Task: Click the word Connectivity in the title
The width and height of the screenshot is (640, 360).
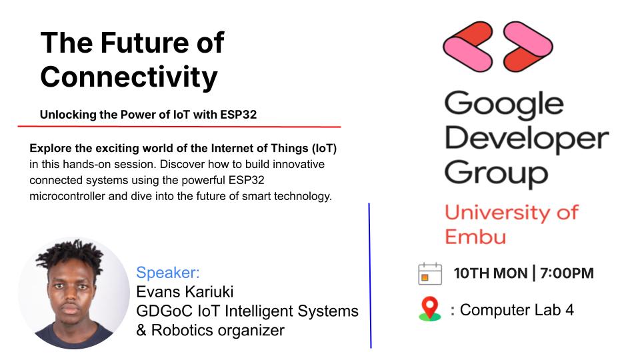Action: click(x=129, y=77)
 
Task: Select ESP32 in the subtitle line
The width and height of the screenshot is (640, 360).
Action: click(x=238, y=115)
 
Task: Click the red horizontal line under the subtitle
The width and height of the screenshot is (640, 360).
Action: click(x=179, y=127)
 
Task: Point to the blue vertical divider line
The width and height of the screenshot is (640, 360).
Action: click(x=370, y=275)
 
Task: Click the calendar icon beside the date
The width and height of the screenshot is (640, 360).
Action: click(x=430, y=273)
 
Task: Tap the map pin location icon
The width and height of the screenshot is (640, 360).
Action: click(x=430, y=309)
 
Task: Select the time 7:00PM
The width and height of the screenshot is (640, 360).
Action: click(x=567, y=273)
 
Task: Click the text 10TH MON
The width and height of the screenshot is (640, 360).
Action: click(x=490, y=273)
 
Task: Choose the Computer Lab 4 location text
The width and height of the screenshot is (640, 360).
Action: click(x=517, y=310)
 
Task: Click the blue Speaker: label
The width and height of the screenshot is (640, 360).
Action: click(x=168, y=273)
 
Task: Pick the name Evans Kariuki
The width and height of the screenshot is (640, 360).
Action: click(x=185, y=292)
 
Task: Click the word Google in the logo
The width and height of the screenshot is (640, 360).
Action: click(x=504, y=105)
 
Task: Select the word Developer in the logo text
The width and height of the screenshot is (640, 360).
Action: click(x=527, y=139)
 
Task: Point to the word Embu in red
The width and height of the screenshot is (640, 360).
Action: click(x=475, y=237)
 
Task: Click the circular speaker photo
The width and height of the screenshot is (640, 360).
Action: click(x=74, y=293)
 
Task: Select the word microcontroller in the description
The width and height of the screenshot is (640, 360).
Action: click(x=67, y=196)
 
